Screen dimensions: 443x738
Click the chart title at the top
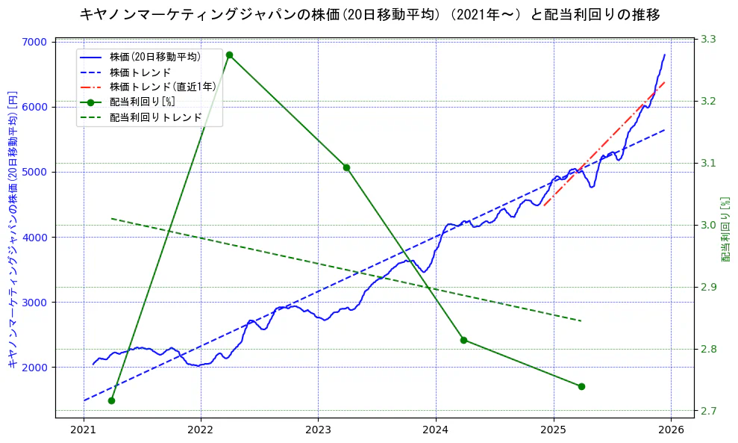(x=369, y=14)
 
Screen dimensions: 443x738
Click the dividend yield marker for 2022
(x=229, y=55)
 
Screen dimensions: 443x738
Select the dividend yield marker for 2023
(x=346, y=167)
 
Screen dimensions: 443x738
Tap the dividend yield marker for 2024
(x=463, y=340)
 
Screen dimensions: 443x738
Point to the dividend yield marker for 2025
(x=581, y=386)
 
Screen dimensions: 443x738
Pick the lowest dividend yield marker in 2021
(x=111, y=400)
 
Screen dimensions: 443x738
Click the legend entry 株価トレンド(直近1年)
(x=163, y=87)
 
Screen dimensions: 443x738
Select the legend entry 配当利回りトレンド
(x=156, y=117)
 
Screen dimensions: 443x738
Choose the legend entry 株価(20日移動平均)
(x=154, y=56)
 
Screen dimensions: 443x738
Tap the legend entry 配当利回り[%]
(x=143, y=102)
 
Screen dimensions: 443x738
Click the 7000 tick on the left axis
(x=37, y=42)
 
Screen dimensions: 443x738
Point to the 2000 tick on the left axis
(x=37, y=368)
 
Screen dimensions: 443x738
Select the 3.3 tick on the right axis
(x=707, y=39)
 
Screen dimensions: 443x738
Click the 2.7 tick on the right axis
(x=707, y=411)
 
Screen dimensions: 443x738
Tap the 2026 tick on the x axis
(x=671, y=430)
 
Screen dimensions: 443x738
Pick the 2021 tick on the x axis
(x=83, y=430)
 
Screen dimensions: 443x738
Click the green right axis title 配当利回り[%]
(x=725, y=229)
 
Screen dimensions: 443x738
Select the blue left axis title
(x=12, y=229)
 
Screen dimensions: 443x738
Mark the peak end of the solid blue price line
(x=665, y=55)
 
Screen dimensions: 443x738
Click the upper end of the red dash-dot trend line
(x=665, y=81)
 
